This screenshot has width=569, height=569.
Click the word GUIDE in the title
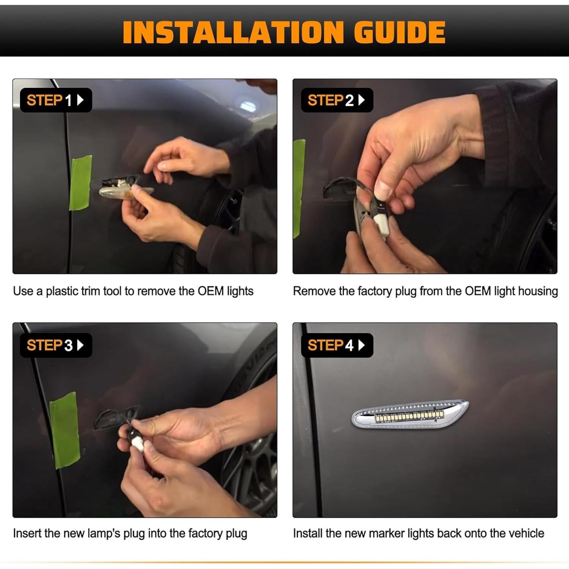coord(399,32)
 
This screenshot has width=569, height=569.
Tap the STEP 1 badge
coord(56,100)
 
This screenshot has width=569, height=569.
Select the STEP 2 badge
coord(337,100)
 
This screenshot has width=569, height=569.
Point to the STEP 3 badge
coord(56,345)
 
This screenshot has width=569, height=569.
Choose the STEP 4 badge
coord(337,345)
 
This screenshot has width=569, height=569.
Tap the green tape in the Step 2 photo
coord(299,189)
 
